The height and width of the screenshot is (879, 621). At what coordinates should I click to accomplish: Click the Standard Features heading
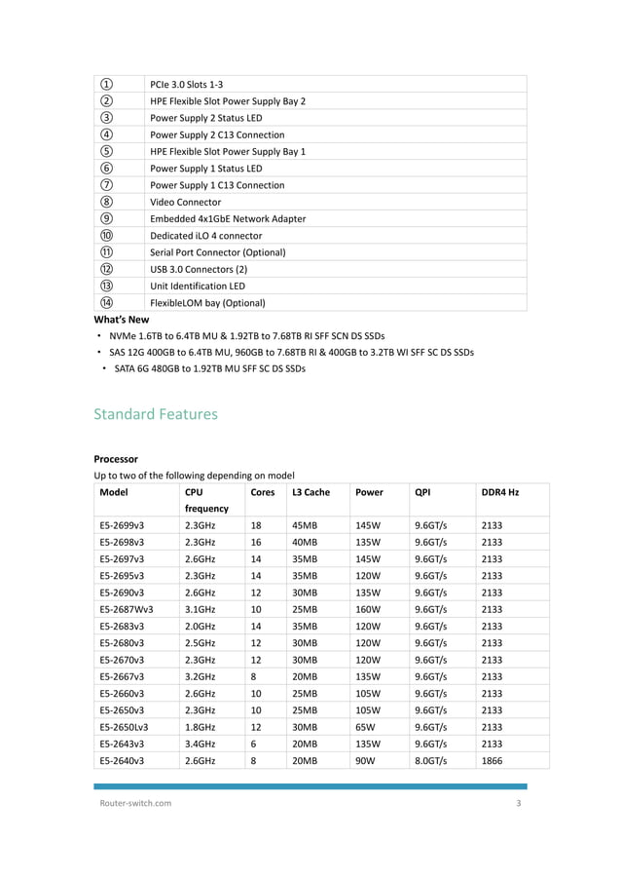click(155, 414)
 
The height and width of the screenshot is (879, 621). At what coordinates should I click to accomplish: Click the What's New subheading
click(121, 319)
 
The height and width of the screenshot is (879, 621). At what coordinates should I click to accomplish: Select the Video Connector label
click(185, 202)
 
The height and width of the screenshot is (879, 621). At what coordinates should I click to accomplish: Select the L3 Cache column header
click(310, 492)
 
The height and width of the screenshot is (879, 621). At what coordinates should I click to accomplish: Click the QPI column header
click(422, 492)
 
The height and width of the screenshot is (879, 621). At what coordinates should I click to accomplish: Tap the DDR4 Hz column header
click(500, 492)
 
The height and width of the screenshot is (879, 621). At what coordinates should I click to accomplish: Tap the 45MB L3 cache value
click(305, 525)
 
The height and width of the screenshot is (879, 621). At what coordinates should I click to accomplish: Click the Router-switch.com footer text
click(136, 803)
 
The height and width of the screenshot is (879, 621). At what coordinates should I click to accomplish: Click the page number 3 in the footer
click(518, 803)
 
